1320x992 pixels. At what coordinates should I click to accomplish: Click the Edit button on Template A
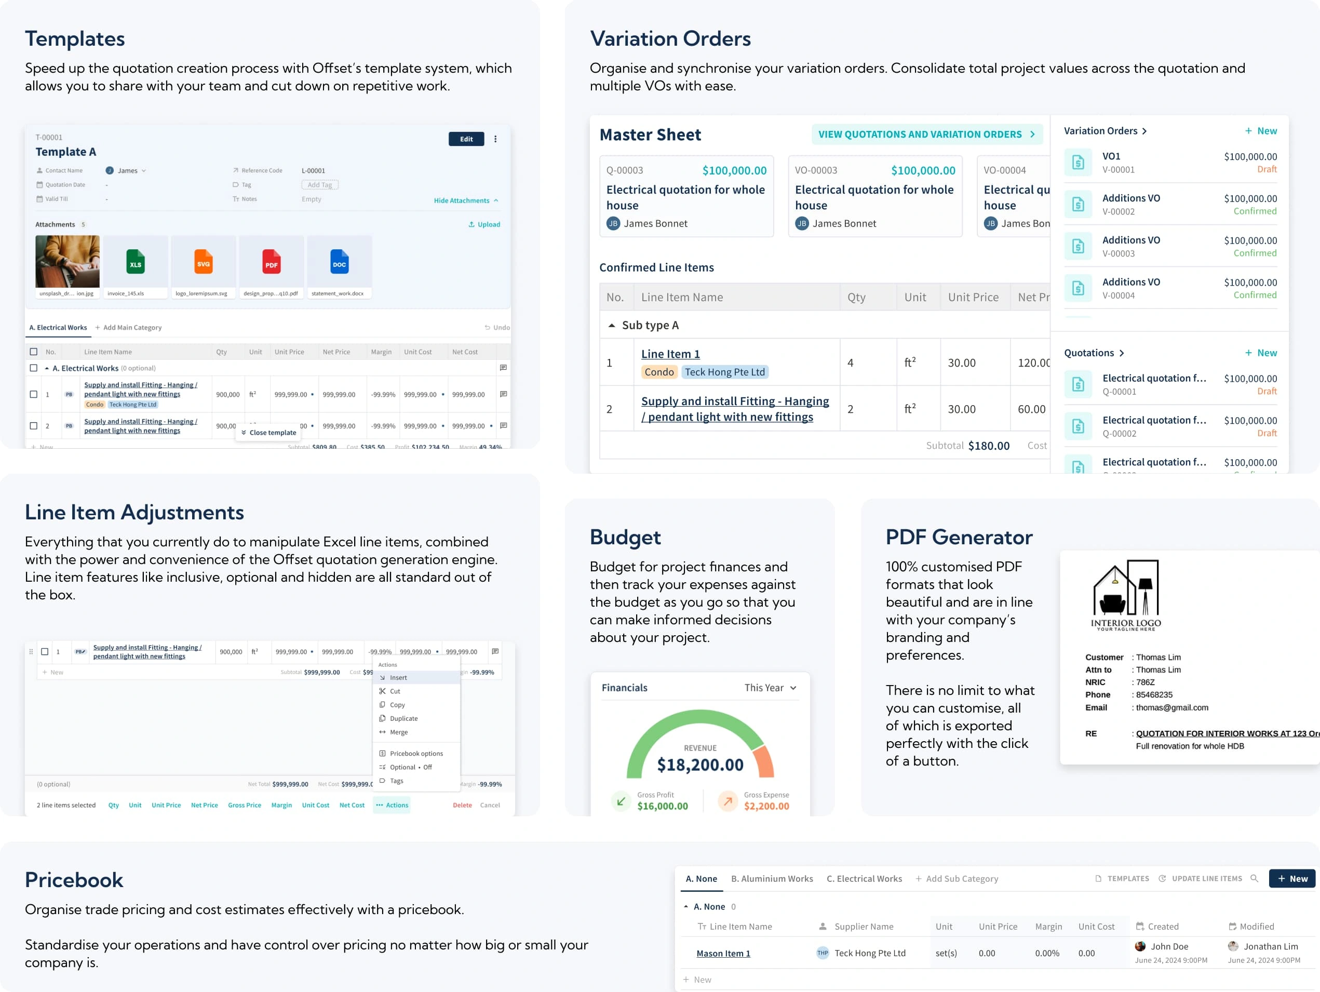click(x=466, y=139)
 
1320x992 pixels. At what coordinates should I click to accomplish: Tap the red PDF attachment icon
click(x=272, y=263)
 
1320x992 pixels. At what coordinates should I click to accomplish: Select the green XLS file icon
click(x=136, y=263)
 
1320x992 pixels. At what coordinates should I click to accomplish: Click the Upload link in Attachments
click(x=484, y=224)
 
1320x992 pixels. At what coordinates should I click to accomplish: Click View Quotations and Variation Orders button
click(x=926, y=135)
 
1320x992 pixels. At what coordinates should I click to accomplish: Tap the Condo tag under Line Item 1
click(x=659, y=372)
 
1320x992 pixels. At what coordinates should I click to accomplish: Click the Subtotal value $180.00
click(x=988, y=445)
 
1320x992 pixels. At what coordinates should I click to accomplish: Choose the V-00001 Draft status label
click(x=1267, y=169)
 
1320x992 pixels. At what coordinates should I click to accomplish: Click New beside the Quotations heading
click(x=1261, y=353)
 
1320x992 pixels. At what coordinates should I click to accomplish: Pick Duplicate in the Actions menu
click(x=403, y=719)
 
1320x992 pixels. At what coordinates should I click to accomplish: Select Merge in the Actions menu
click(x=399, y=732)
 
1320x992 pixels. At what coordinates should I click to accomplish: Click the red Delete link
click(x=462, y=805)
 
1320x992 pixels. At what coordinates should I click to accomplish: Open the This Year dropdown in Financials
click(x=770, y=688)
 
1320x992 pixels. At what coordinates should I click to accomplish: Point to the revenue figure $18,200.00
click(x=700, y=765)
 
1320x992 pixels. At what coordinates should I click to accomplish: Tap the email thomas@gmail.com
click(x=1171, y=707)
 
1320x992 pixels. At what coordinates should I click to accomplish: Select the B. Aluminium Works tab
click(x=772, y=879)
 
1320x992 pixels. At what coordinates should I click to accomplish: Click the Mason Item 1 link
click(x=723, y=953)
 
